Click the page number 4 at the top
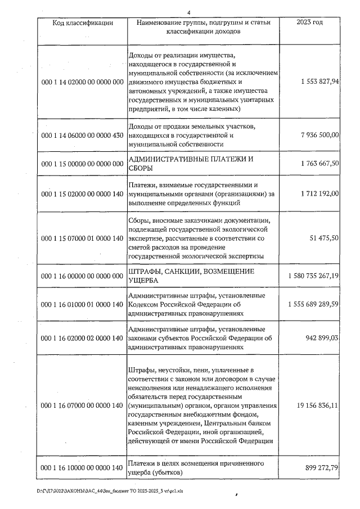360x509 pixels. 189,12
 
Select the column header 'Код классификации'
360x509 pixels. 83,22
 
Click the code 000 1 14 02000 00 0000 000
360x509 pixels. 83,82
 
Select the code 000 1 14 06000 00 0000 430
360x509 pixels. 83,136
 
